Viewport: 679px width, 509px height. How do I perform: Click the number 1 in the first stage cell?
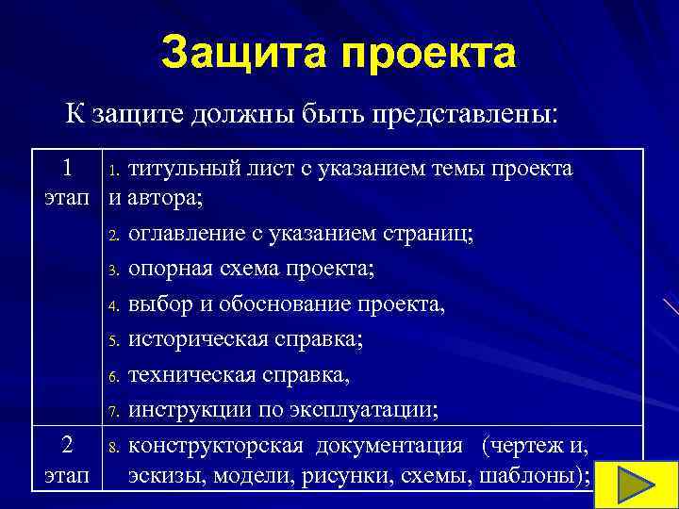tap(67, 168)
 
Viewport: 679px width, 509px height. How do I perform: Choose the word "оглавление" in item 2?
tap(183, 233)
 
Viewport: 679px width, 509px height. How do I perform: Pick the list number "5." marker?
tap(110, 341)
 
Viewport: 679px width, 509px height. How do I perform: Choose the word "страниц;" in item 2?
tap(437, 233)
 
